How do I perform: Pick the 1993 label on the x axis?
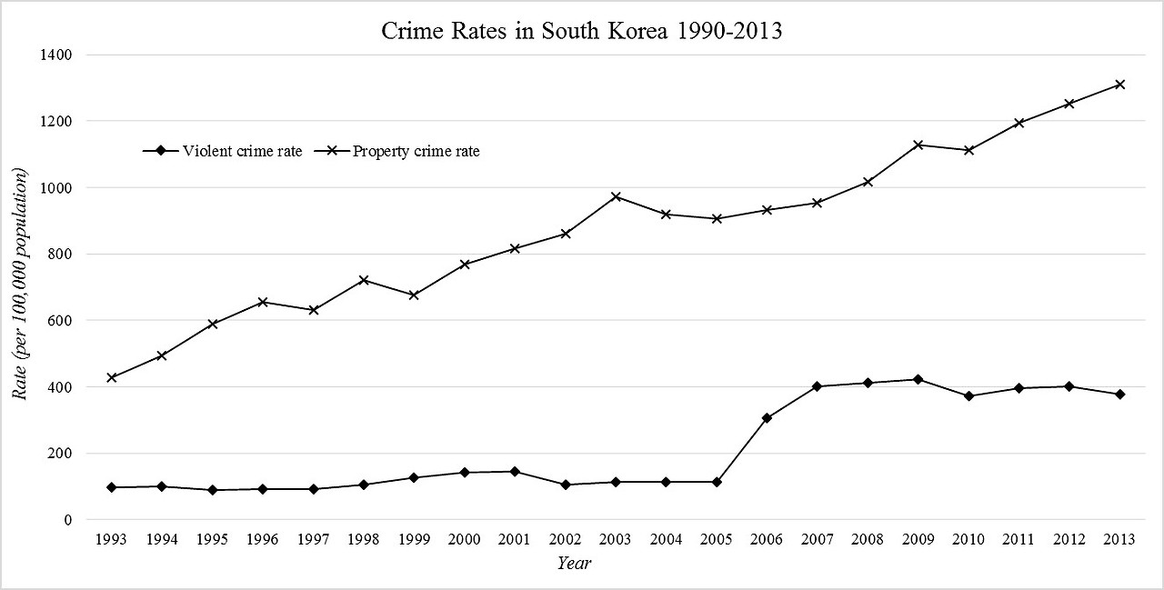tap(111, 539)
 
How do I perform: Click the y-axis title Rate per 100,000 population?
tap(20, 284)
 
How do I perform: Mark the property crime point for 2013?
tap(1120, 85)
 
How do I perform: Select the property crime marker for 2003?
tap(616, 196)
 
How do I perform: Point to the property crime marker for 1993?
tap(111, 377)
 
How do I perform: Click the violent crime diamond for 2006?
tap(767, 418)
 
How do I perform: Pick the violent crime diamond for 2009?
tap(918, 379)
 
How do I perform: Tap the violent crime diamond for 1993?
tap(111, 487)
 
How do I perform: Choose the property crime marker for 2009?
tap(918, 145)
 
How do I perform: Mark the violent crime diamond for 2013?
tap(1120, 395)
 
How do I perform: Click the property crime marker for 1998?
tap(363, 280)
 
